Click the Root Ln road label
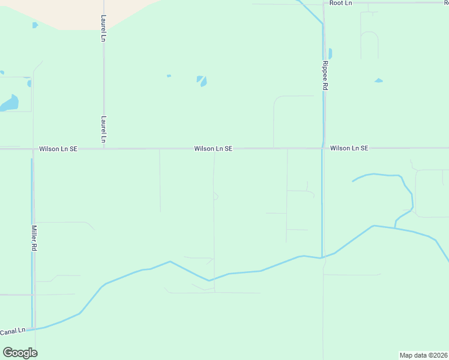(340, 3)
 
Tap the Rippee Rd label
(325, 75)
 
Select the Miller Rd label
(34, 238)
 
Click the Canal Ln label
(13, 331)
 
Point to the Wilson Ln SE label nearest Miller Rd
(58, 148)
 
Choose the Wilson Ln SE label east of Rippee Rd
(349, 148)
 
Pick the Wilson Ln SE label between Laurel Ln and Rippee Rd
(213, 148)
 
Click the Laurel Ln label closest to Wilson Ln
(104, 129)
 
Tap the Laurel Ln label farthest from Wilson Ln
(103, 28)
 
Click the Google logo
(20, 353)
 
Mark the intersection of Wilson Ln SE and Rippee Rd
(323, 148)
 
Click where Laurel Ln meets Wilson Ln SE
(104, 148)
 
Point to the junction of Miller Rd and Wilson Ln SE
(33, 148)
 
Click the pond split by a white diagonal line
(202, 80)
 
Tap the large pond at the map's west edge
(9, 104)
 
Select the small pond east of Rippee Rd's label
(378, 80)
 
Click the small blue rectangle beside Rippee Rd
(330, 53)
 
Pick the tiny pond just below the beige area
(35, 25)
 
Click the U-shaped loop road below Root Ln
(369, 42)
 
